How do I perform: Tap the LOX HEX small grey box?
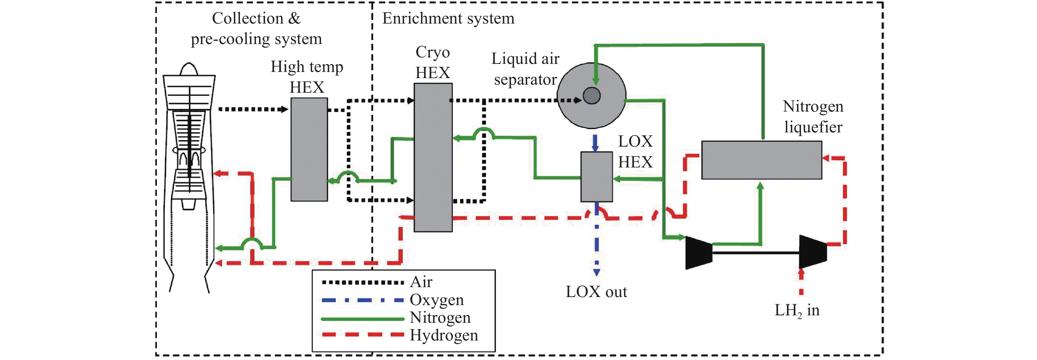click(596, 177)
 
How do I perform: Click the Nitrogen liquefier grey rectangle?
click(761, 160)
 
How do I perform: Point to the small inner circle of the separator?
click(591, 96)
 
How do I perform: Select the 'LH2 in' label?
click(797, 310)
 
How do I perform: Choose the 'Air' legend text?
click(421, 282)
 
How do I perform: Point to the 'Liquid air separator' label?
click(525, 69)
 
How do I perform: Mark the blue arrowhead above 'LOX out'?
click(597, 272)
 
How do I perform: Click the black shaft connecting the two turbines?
click(756, 252)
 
